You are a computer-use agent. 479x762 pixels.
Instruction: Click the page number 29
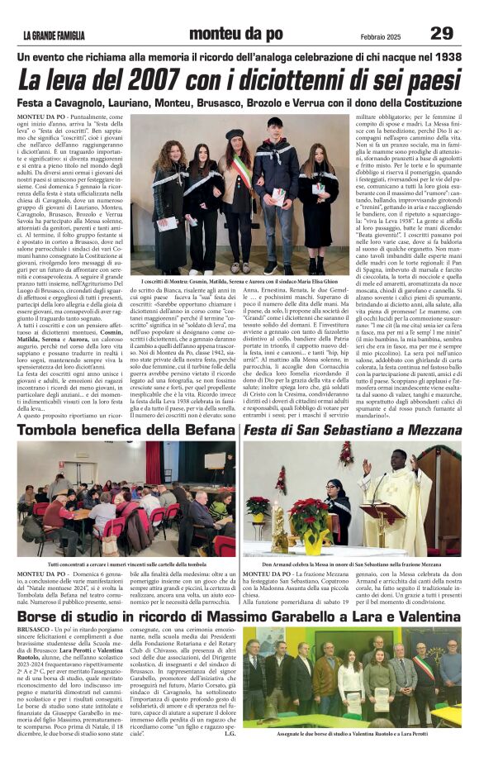pos(442,32)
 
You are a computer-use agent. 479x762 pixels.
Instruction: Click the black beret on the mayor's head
pos(235,133)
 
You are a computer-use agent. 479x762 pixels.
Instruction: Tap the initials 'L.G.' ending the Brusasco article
pos(230,732)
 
